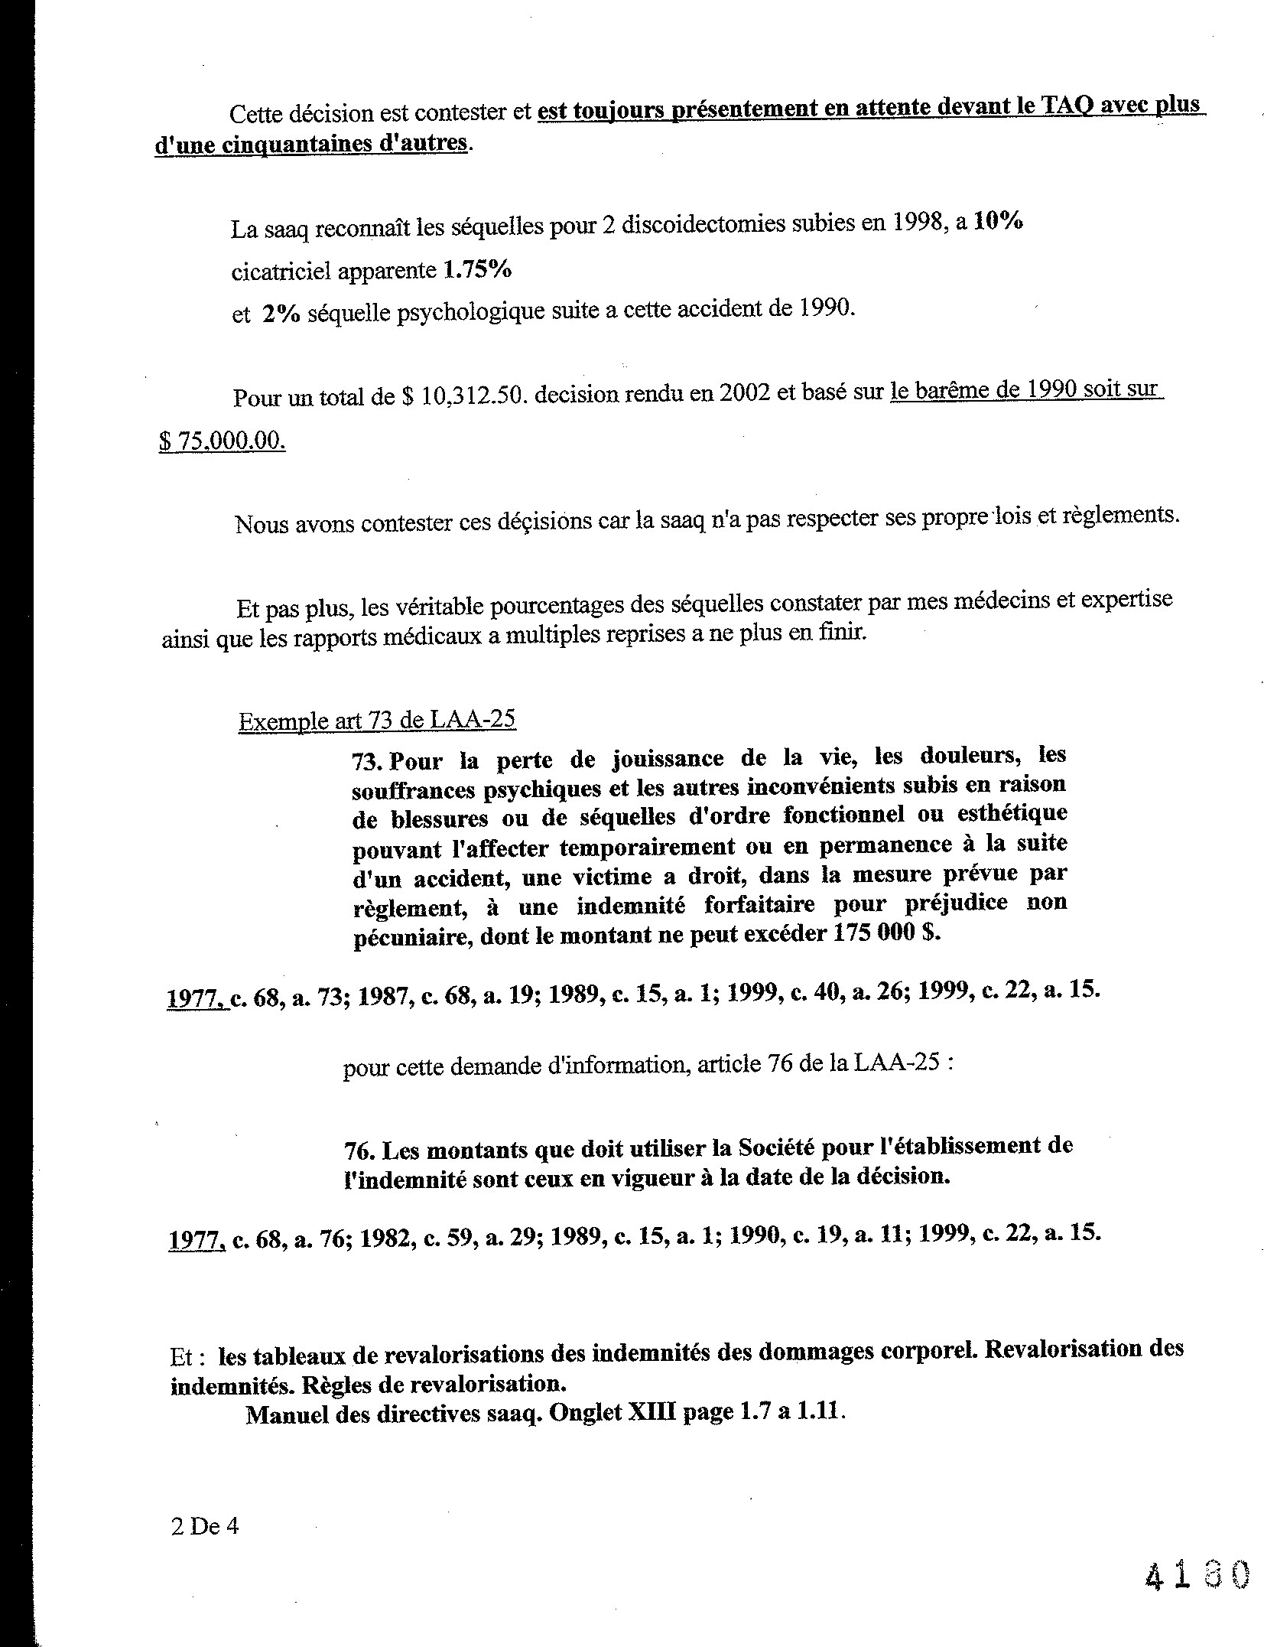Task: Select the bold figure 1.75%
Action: coord(478,269)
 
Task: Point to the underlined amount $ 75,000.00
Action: coord(222,441)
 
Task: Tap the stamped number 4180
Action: coord(1197,1574)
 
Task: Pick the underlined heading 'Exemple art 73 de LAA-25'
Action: coord(377,721)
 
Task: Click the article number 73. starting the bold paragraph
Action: coord(368,762)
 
